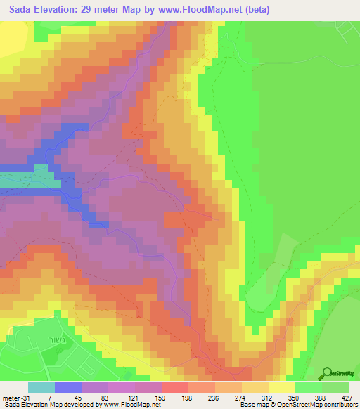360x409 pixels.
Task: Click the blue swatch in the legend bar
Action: (67, 387)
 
